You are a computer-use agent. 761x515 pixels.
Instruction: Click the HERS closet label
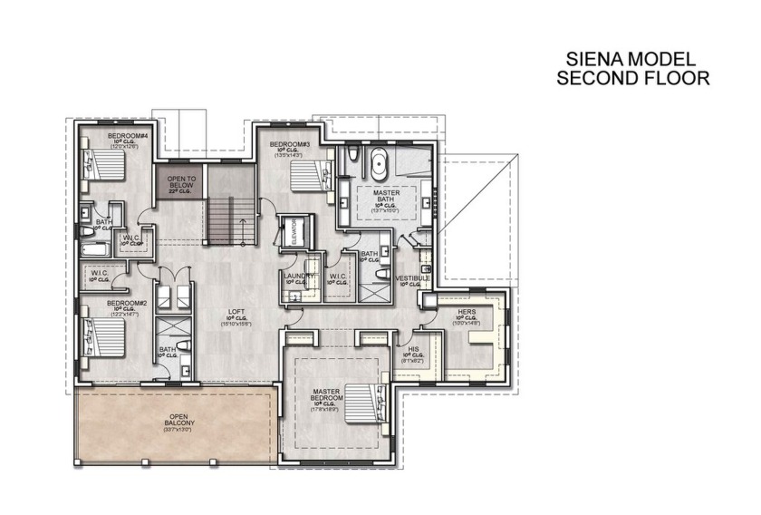pyautogui.click(x=467, y=312)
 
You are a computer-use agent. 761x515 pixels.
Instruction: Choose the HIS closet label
pyautogui.click(x=413, y=349)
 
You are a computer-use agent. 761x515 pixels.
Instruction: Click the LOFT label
pyautogui.click(x=236, y=312)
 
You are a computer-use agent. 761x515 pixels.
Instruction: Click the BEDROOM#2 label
pyautogui.click(x=127, y=303)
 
